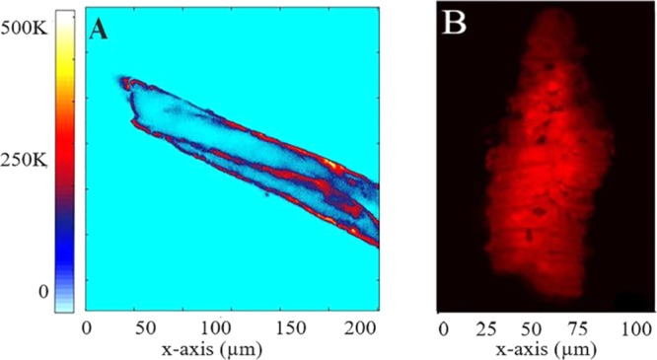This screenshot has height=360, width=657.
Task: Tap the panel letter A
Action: coord(99,31)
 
